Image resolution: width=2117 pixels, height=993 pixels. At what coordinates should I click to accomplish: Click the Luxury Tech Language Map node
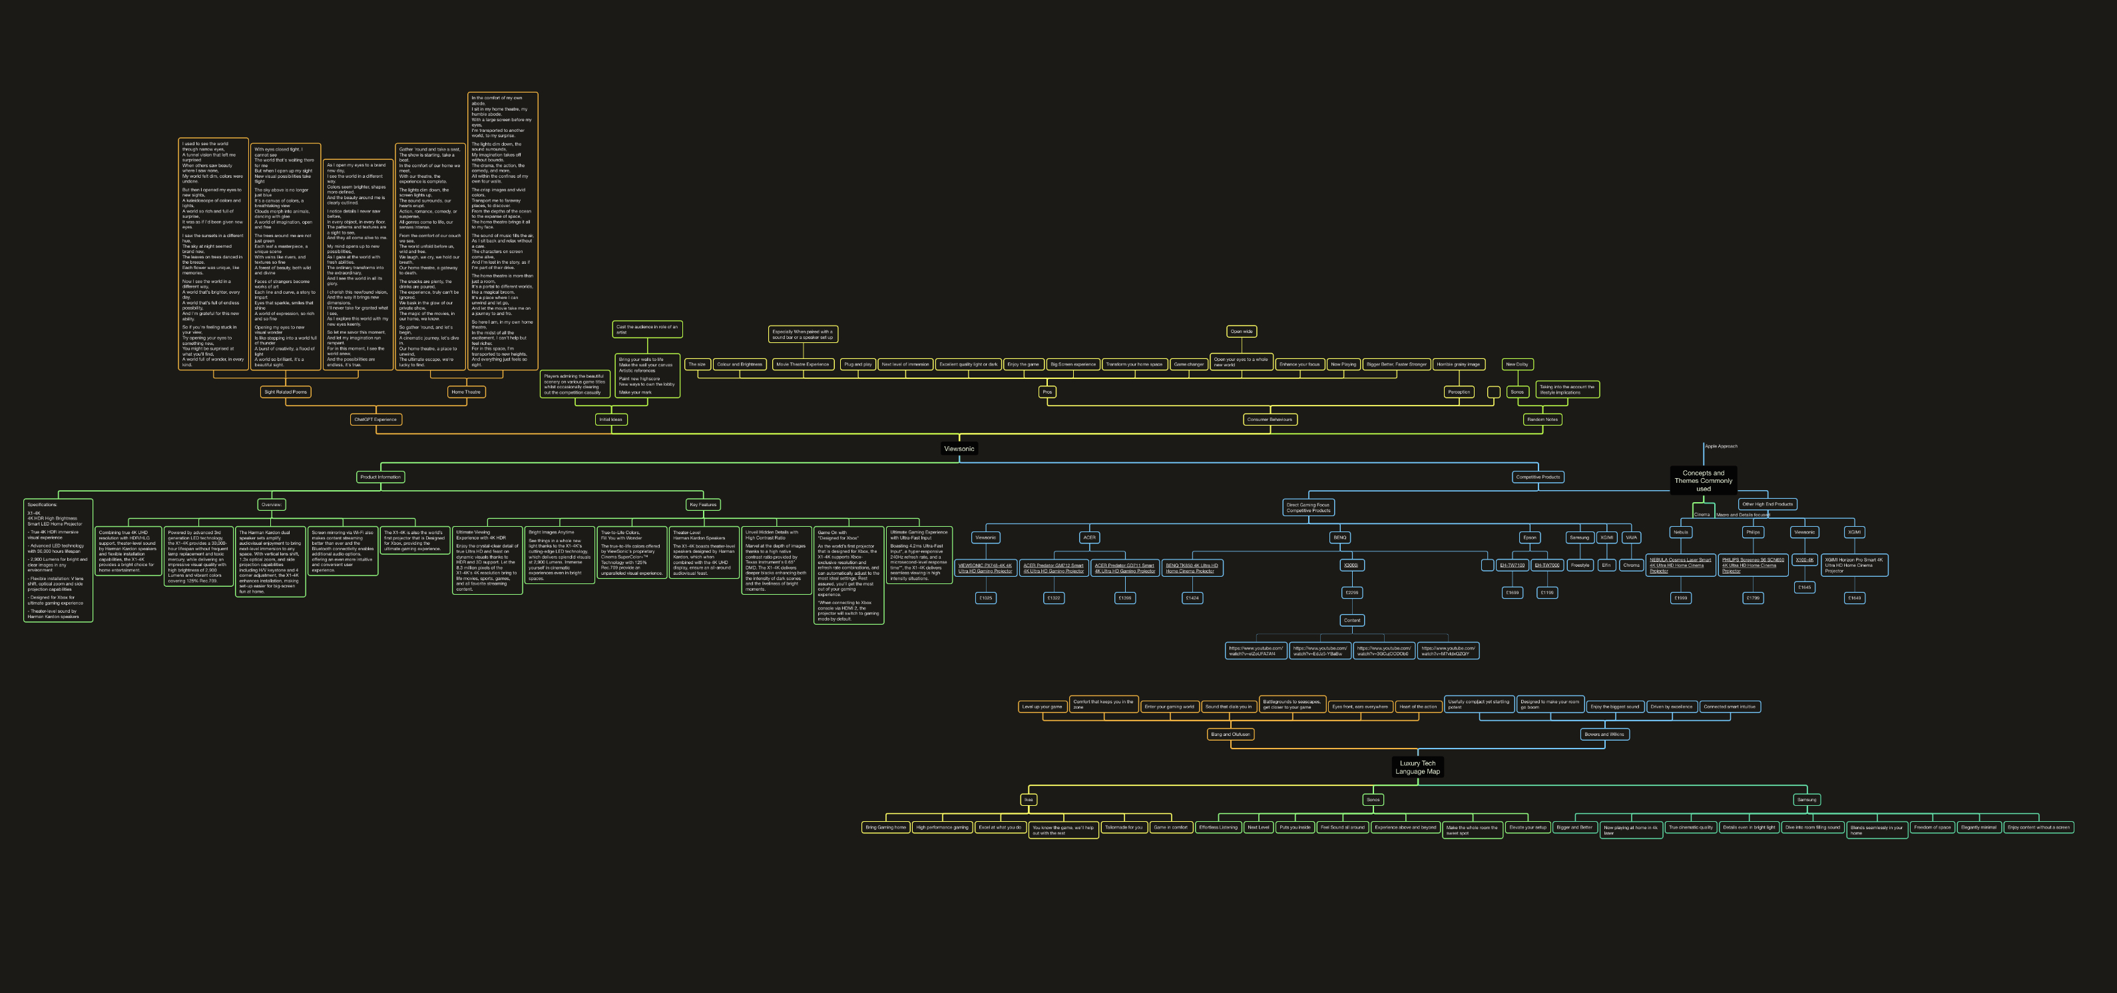[x=1417, y=767]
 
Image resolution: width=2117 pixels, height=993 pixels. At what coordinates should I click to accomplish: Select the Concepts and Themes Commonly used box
[x=1703, y=480]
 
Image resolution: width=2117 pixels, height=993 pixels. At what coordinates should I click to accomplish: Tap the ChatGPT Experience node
[x=375, y=419]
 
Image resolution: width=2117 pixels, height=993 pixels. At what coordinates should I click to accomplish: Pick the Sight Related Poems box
[x=285, y=392]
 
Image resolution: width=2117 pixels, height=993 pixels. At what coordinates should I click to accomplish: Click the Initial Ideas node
[x=610, y=419]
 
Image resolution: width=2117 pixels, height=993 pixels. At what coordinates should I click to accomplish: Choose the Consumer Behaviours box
[x=1269, y=419]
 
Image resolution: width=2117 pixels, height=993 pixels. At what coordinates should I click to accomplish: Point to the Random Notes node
[x=1542, y=419]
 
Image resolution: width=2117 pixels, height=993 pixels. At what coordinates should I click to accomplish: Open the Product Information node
[x=381, y=477]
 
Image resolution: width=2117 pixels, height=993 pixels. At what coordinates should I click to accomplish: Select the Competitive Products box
[x=1538, y=477]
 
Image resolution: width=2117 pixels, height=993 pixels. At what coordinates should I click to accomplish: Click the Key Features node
[x=702, y=505]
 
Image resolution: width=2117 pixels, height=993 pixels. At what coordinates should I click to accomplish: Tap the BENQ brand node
[x=1339, y=537]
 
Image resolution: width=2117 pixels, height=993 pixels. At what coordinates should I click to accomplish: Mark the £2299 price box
[x=1351, y=593]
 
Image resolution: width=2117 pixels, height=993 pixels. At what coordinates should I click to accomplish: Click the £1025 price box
[x=985, y=599]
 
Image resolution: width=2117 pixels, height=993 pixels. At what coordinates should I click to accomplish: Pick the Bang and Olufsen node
[x=1230, y=734]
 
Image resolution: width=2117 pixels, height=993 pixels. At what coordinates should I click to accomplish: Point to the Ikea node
[x=1028, y=800]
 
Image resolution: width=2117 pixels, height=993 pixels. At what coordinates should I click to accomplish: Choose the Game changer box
[x=1188, y=364]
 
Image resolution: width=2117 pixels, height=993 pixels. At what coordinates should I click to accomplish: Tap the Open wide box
[x=1241, y=331]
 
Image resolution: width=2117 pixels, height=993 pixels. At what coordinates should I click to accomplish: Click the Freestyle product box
[x=1580, y=565]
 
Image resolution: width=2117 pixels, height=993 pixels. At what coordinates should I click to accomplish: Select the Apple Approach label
[x=1721, y=446]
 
